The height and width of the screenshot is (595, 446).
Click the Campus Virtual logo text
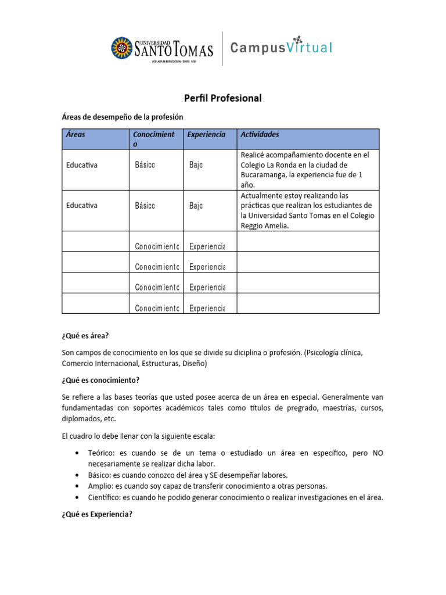point(281,48)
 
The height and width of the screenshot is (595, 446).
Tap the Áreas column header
point(75,134)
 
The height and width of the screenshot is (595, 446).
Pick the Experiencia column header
point(206,134)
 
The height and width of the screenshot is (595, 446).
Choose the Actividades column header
point(260,134)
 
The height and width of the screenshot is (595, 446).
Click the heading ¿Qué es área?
point(85,336)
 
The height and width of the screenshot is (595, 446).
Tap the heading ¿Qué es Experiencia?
point(98,514)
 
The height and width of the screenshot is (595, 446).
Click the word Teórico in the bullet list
point(101,453)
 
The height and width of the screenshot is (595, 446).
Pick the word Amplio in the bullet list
point(100,486)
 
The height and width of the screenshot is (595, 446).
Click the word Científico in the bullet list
point(104,497)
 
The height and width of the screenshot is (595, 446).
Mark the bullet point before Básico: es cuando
point(78,475)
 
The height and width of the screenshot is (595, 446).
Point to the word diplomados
point(81,418)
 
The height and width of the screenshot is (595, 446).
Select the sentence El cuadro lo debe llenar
point(139,436)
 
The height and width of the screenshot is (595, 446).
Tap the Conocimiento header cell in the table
point(153,138)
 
